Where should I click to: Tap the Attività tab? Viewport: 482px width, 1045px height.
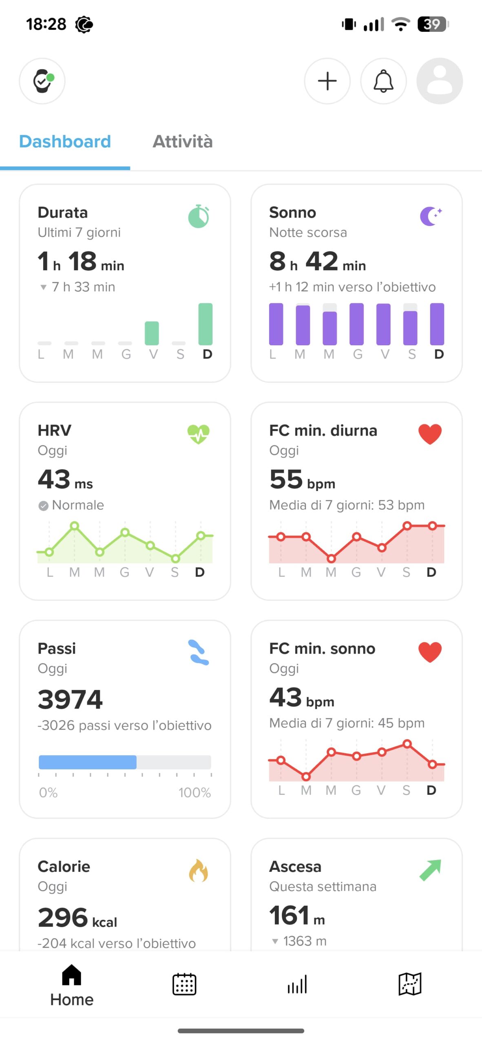(x=182, y=142)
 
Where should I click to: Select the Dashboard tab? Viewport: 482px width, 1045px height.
(x=65, y=142)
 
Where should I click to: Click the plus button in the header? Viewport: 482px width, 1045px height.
(x=327, y=81)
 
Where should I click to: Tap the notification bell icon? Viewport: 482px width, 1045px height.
(x=383, y=81)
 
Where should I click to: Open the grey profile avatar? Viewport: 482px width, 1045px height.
(x=439, y=81)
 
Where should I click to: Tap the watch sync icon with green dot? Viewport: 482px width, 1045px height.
(x=42, y=81)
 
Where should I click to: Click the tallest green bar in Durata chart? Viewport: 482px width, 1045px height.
(x=206, y=324)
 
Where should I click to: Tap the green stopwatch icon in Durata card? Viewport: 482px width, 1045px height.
(x=199, y=216)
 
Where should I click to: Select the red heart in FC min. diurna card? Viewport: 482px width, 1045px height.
(x=430, y=434)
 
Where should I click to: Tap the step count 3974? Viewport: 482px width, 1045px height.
(x=70, y=699)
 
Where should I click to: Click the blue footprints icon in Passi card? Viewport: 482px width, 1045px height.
(x=199, y=652)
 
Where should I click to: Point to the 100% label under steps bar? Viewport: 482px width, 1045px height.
(x=195, y=792)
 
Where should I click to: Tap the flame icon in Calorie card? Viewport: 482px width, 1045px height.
(x=199, y=870)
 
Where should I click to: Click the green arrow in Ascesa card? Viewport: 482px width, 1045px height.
(x=430, y=870)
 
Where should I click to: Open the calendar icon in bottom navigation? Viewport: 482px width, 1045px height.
(x=184, y=984)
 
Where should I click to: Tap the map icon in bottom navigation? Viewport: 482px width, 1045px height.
(x=409, y=984)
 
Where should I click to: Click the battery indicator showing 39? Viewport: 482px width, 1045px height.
(x=433, y=24)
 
